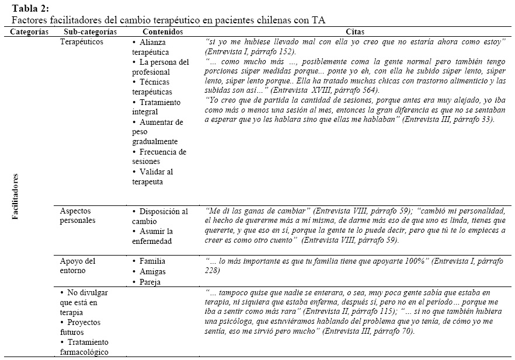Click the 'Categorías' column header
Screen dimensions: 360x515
point(30,32)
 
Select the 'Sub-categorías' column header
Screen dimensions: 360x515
point(88,32)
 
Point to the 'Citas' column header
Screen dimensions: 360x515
point(356,32)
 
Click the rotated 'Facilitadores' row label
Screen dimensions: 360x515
point(16,196)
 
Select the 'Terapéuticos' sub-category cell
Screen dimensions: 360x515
point(82,43)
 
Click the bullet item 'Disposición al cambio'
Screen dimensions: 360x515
point(160,216)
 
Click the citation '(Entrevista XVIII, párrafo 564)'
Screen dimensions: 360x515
point(318,90)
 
